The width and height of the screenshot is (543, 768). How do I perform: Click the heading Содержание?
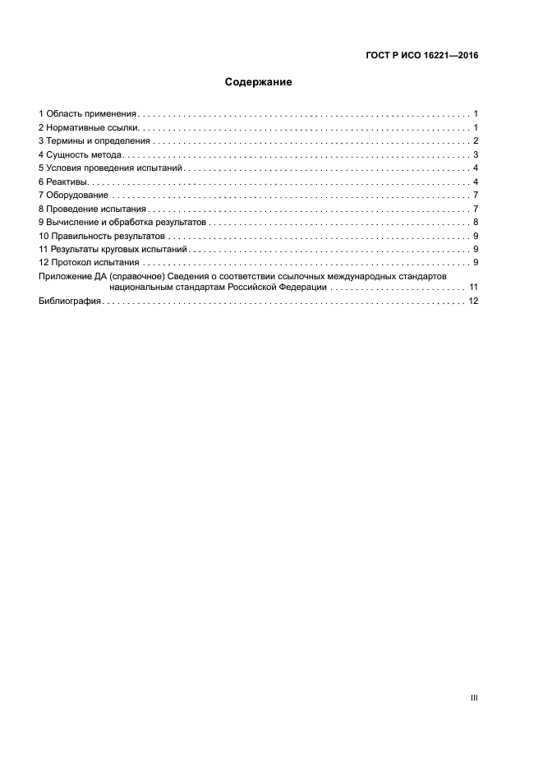click(259, 82)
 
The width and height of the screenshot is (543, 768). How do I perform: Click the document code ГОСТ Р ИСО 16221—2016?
click(421, 57)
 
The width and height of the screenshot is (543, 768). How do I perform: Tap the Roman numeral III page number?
click(473, 697)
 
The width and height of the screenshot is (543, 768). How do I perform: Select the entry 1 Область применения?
click(88, 113)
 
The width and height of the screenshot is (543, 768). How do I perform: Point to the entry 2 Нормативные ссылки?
click(90, 127)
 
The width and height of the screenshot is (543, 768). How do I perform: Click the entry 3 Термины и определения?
click(94, 140)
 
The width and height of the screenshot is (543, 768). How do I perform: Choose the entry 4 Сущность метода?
click(81, 154)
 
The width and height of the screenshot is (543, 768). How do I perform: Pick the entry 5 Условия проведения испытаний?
click(108, 168)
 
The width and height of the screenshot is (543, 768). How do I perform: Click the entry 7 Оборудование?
click(73, 195)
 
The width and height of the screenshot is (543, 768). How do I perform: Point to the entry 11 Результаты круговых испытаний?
click(113, 248)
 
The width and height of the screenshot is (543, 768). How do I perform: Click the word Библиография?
click(70, 301)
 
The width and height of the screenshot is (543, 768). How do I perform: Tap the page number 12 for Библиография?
click(472, 301)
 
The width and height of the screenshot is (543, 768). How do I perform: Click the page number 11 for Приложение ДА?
click(472, 287)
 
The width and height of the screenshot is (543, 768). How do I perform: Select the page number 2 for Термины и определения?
click(475, 140)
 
